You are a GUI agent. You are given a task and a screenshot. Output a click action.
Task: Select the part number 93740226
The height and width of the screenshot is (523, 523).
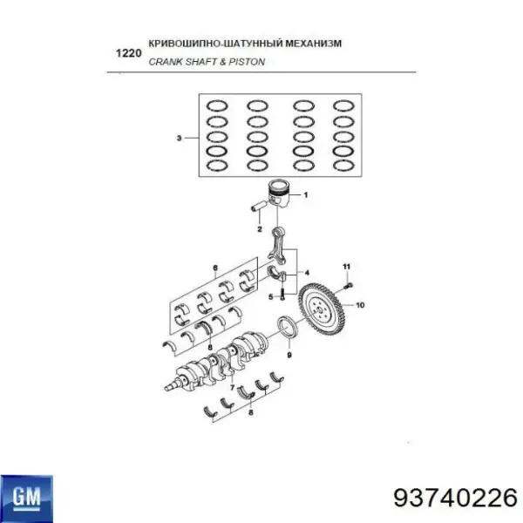pyautogui.click(x=455, y=497)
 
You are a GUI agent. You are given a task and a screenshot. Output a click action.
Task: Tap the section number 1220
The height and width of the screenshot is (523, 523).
pyautogui.click(x=127, y=52)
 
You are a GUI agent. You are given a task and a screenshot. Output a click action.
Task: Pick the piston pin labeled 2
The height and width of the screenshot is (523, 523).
pyautogui.click(x=260, y=207)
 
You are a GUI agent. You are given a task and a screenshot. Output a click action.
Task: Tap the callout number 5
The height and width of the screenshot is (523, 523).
pyautogui.click(x=271, y=296)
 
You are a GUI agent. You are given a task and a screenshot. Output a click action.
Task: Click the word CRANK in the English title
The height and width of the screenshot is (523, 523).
pyautogui.click(x=165, y=62)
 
